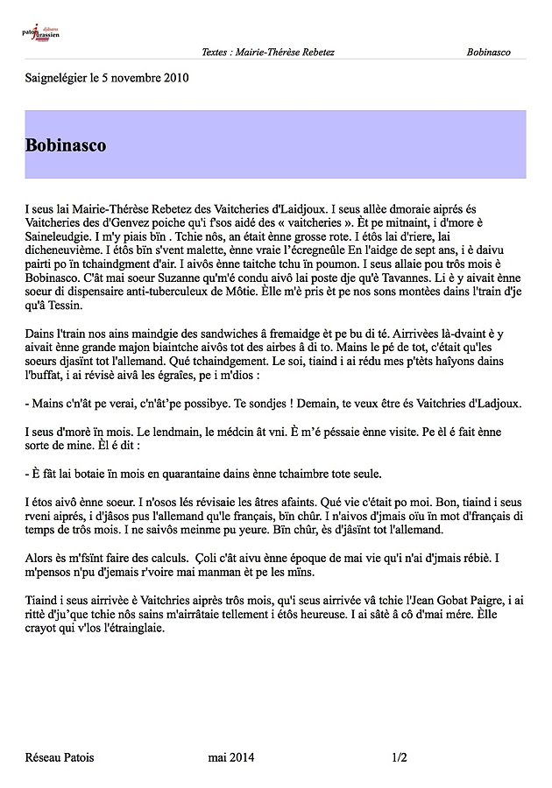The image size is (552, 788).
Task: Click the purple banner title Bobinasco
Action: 67,144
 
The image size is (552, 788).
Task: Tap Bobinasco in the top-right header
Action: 489,53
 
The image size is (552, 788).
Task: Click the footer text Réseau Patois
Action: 60,758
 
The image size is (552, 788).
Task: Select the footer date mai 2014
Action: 231,758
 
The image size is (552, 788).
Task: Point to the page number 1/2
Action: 400,758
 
